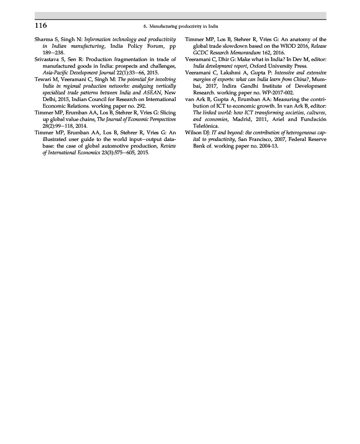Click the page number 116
click(x=41, y=26)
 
